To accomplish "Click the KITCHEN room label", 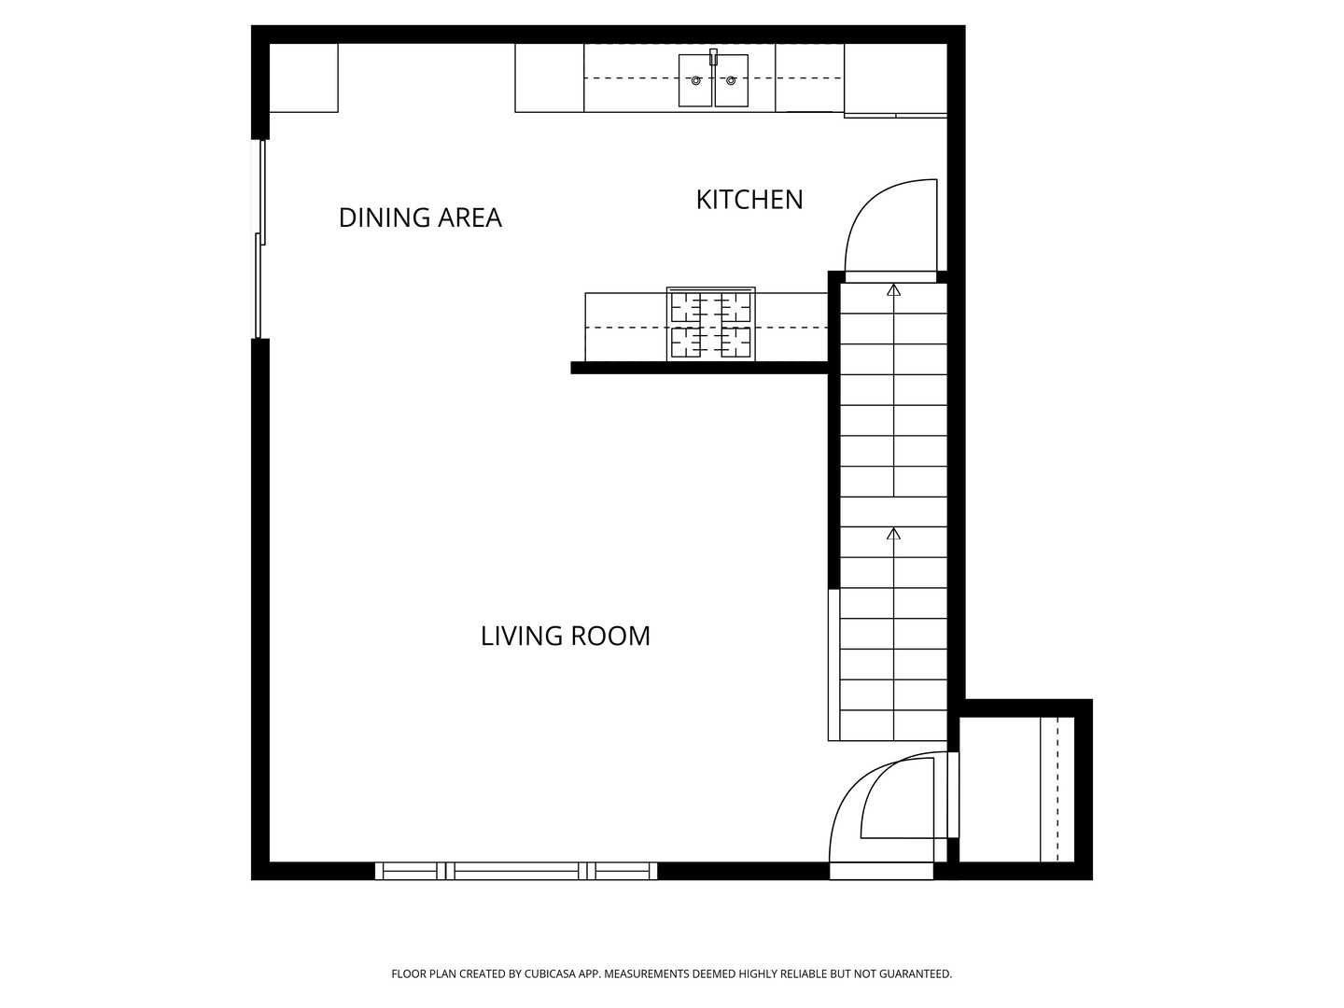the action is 749,200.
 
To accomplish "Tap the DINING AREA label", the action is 420,217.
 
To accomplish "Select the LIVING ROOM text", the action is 566,637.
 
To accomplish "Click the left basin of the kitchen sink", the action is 695,80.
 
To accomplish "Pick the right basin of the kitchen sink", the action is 731,80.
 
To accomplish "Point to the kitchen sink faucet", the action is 713,57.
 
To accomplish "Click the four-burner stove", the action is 711,325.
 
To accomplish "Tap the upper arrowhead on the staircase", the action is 893,289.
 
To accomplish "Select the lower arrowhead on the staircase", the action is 893,534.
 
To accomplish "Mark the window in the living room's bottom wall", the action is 515,871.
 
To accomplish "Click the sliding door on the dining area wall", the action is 260,239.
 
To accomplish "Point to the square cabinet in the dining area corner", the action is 303,77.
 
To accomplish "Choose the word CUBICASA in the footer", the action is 550,973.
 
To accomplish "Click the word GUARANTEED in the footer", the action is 916,973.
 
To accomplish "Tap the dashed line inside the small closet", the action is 1058,790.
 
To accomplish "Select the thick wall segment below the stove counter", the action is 699,368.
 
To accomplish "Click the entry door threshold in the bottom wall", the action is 881,871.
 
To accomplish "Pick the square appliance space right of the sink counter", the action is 896,78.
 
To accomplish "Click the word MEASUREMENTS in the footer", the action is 647,973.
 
